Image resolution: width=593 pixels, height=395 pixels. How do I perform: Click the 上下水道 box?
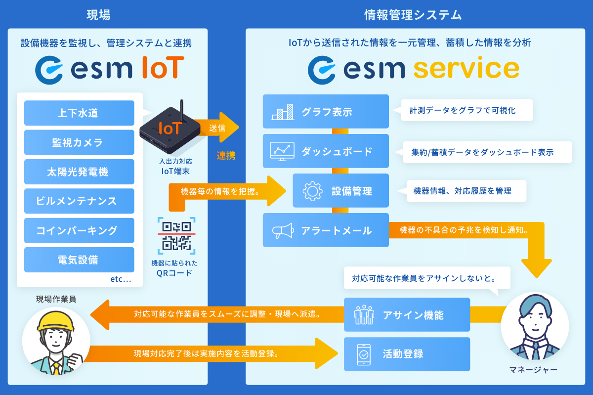coord(79,113)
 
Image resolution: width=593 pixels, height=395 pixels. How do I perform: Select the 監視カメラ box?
coord(79,143)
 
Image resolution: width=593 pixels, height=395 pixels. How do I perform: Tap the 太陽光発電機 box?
coord(79,172)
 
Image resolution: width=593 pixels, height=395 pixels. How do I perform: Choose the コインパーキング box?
coord(79,230)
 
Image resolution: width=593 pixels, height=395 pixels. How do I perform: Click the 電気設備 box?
coord(79,260)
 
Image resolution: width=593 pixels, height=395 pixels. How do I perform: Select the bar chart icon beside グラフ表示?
coord(283,112)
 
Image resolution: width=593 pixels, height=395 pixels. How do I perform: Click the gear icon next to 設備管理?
coord(312,191)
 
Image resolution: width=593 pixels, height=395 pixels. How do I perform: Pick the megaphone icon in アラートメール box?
coord(283,230)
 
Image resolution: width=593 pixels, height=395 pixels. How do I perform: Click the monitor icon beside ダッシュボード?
coord(283,151)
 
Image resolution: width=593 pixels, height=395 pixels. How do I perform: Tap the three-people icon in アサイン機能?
coord(364,315)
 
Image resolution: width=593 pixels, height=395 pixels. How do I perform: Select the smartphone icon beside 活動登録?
coord(364,354)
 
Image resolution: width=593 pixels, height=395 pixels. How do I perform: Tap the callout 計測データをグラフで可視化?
coord(462,110)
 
